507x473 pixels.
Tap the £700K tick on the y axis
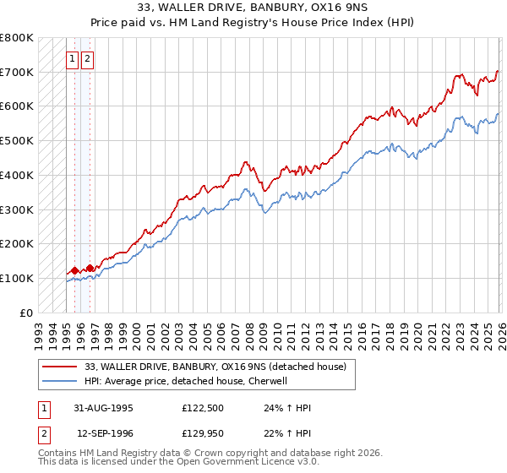pyautogui.click(x=17, y=73)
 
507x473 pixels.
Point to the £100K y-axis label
pyautogui.click(x=17, y=278)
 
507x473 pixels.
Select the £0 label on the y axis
pyautogui.click(x=26, y=313)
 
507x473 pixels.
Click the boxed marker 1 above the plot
pyautogui.click(x=74, y=58)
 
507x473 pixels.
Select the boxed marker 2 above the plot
pyautogui.click(x=89, y=58)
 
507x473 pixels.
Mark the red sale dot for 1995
pyautogui.click(x=74, y=270)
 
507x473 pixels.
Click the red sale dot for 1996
pyautogui.click(x=90, y=268)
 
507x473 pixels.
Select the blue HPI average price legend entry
pyautogui.click(x=186, y=381)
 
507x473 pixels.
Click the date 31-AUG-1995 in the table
pyautogui.click(x=104, y=408)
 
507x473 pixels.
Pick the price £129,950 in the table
pyautogui.click(x=204, y=433)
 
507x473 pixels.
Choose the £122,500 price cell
pyautogui.click(x=204, y=408)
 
